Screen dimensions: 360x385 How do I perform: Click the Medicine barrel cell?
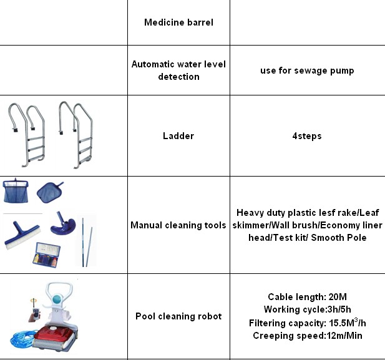point(178,22)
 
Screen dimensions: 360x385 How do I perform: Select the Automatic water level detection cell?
point(178,71)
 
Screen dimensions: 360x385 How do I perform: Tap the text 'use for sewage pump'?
point(307,71)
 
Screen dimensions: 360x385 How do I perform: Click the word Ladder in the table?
point(178,135)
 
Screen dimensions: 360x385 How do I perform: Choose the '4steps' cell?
point(307,135)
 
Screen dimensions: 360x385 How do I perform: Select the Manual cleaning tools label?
point(178,225)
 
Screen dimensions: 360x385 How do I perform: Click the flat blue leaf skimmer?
point(49,191)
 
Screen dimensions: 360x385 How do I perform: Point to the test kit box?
point(52,255)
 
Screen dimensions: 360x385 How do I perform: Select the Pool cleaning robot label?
point(178,316)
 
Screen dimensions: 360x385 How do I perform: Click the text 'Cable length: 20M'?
point(307,297)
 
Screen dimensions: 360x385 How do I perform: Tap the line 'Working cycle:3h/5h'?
point(307,309)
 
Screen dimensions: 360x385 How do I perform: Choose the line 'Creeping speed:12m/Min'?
point(307,336)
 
